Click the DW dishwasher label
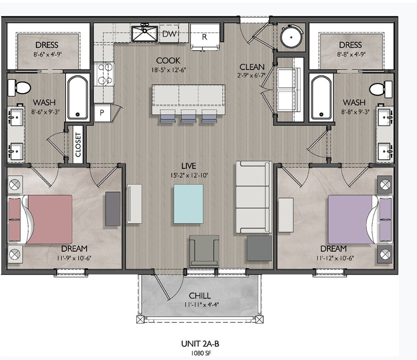click(169, 34)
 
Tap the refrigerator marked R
click(205, 37)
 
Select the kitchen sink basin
click(145, 33)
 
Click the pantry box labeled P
click(102, 113)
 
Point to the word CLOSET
click(78, 144)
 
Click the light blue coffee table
click(188, 204)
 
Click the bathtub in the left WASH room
click(77, 98)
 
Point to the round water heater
click(292, 37)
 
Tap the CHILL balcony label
click(200, 295)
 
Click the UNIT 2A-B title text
click(200, 344)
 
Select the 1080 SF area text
click(201, 353)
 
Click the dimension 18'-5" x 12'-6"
click(169, 70)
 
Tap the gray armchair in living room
click(204, 251)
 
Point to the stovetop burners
click(104, 74)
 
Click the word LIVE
click(188, 166)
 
